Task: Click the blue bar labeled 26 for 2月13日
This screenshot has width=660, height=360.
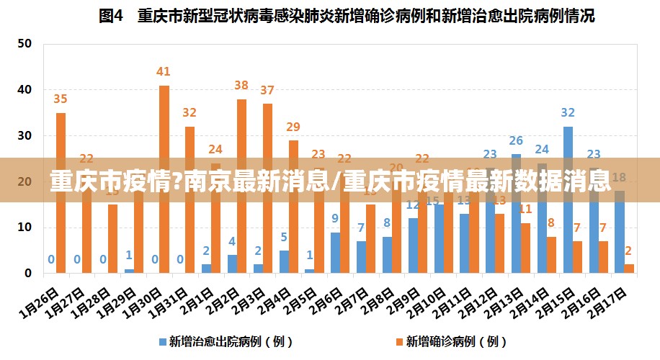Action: (x=517, y=216)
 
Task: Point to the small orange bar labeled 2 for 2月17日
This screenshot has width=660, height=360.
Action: (x=629, y=269)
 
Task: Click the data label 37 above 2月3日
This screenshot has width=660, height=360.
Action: (x=267, y=91)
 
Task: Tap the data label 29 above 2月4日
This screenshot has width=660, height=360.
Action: (x=293, y=127)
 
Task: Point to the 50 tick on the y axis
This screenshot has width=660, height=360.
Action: (x=24, y=44)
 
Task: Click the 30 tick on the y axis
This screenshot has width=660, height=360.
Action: (x=24, y=135)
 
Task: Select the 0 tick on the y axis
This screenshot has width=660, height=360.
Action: (x=27, y=274)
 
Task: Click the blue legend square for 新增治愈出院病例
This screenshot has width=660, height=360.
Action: (x=163, y=341)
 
